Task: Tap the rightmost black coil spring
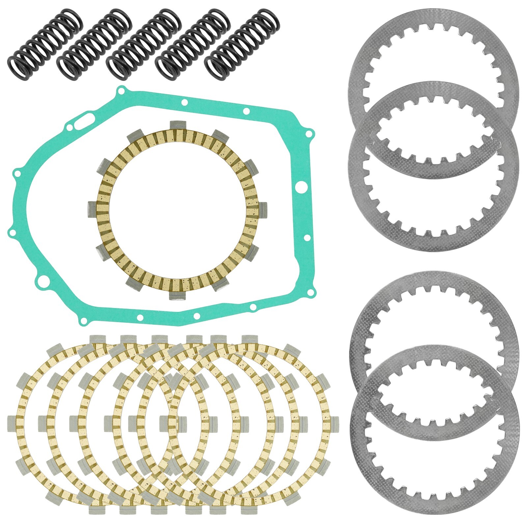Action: [x=242, y=44]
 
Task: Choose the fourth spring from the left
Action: [x=193, y=44]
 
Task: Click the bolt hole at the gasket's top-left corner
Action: [x=122, y=90]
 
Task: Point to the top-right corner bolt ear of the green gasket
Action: [x=309, y=134]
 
